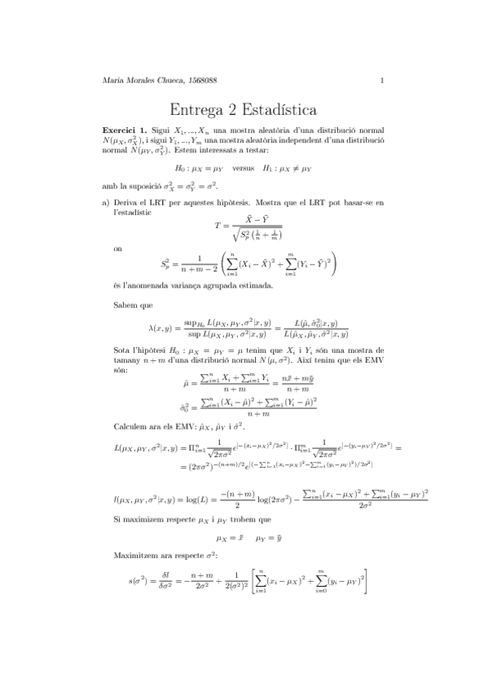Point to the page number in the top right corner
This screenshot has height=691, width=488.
pos(382,79)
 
